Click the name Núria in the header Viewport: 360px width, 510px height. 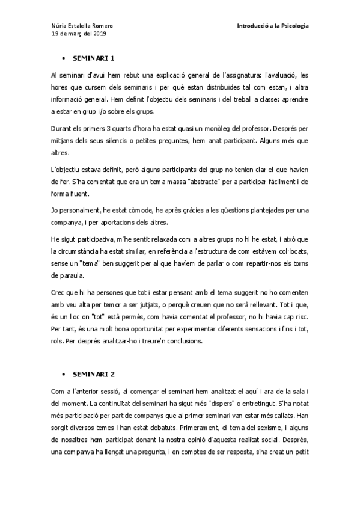[59, 26]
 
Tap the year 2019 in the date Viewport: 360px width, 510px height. [99, 34]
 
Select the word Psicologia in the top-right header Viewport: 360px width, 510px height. [291, 26]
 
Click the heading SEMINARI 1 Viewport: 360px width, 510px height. [93, 60]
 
